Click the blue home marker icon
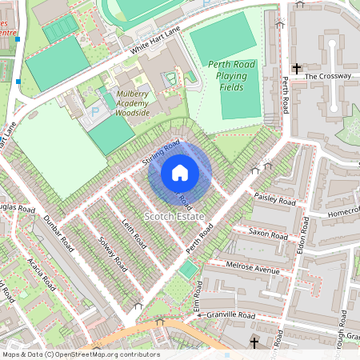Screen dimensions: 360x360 [x=180, y=172]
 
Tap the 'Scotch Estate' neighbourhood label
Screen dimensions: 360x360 [x=174, y=217]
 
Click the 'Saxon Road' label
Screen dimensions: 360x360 [x=268, y=235]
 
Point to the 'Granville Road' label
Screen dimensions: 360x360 [x=229, y=317]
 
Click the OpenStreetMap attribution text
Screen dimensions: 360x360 [x=81, y=354]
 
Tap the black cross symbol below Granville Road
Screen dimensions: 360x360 [x=254, y=342]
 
